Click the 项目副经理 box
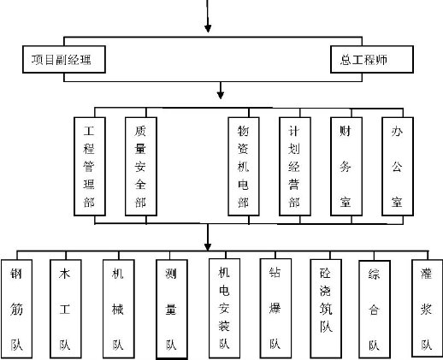pyautogui.click(x=64, y=59)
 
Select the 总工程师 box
pyautogui.click(x=372, y=59)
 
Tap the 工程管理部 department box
pyautogui.click(x=90, y=167)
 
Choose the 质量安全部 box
pyautogui.click(x=141, y=167)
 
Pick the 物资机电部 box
pyautogui.click(x=244, y=167)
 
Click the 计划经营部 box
pyautogui.click(x=295, y=167)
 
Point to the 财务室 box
pyautogui.click(x=346, y=167)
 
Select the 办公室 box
pyautogui.click(x=398, y=167)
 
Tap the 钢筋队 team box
pyautogui.click(x=16, y=309)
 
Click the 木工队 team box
pyautogui.click(x=66, y=309)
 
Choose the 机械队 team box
pyautogui.click(x=119, y=309)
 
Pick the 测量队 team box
pyautogui.click(x=172, y=310)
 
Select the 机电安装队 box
pyautogui.click(x=224, y=308)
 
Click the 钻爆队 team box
pyautogui.click(x=275, y=308)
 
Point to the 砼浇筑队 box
pyautogui.click(x=326, y=309)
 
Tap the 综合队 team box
pyautogui.click(x=375, y=309)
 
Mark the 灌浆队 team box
pyautogui.click(x=428, y=308)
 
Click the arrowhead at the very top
pyautogui.click(x=208, y=28)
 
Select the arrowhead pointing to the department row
pyautogui.click(x=221, y=95)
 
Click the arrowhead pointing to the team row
pyautogui.click(x=208, y=247)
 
